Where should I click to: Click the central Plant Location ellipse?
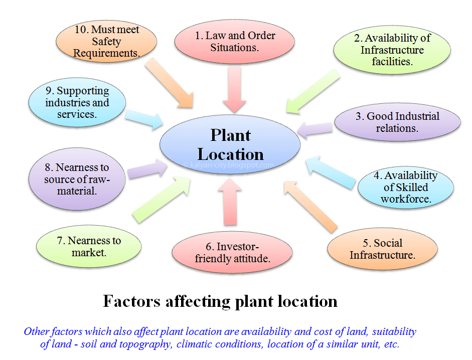[x=230, y=144]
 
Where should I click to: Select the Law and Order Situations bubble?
[x=234, y=42]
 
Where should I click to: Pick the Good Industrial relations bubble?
[x=397, y=122]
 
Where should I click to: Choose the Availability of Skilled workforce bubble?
[x=406, y=187]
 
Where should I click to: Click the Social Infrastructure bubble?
[x=382, y=249]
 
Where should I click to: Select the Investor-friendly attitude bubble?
[x=232, y=252]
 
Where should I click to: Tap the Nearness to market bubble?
[x=89, y=246]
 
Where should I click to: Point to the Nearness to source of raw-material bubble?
[x=77, y=179]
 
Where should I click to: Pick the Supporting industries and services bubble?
[x=77, y=102]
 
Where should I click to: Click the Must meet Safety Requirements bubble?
[x=106, y=41]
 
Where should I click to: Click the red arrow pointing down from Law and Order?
[x=234, y=90]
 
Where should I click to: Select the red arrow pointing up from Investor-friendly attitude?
[x=230, y=202]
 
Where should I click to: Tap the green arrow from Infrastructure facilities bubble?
[x=313, y=92]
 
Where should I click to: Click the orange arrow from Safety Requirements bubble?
[x=169, y=82]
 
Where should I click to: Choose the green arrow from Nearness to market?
[x=162, y=200]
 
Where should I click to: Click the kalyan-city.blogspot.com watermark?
[x=228, y=165]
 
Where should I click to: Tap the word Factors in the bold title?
[x=131, y=301]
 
